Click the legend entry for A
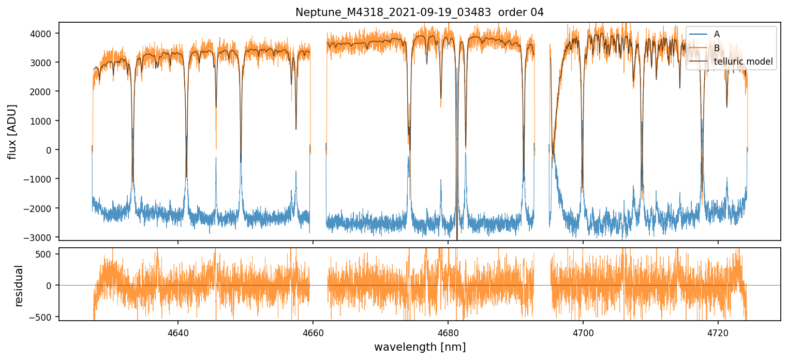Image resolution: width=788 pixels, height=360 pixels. (x=717, y=34)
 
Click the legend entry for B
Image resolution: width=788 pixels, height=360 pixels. (x=717, y=48)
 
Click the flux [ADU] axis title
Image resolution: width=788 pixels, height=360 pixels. (x=12, y=131)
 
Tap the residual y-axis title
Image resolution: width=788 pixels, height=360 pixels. (x=19, y=286)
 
